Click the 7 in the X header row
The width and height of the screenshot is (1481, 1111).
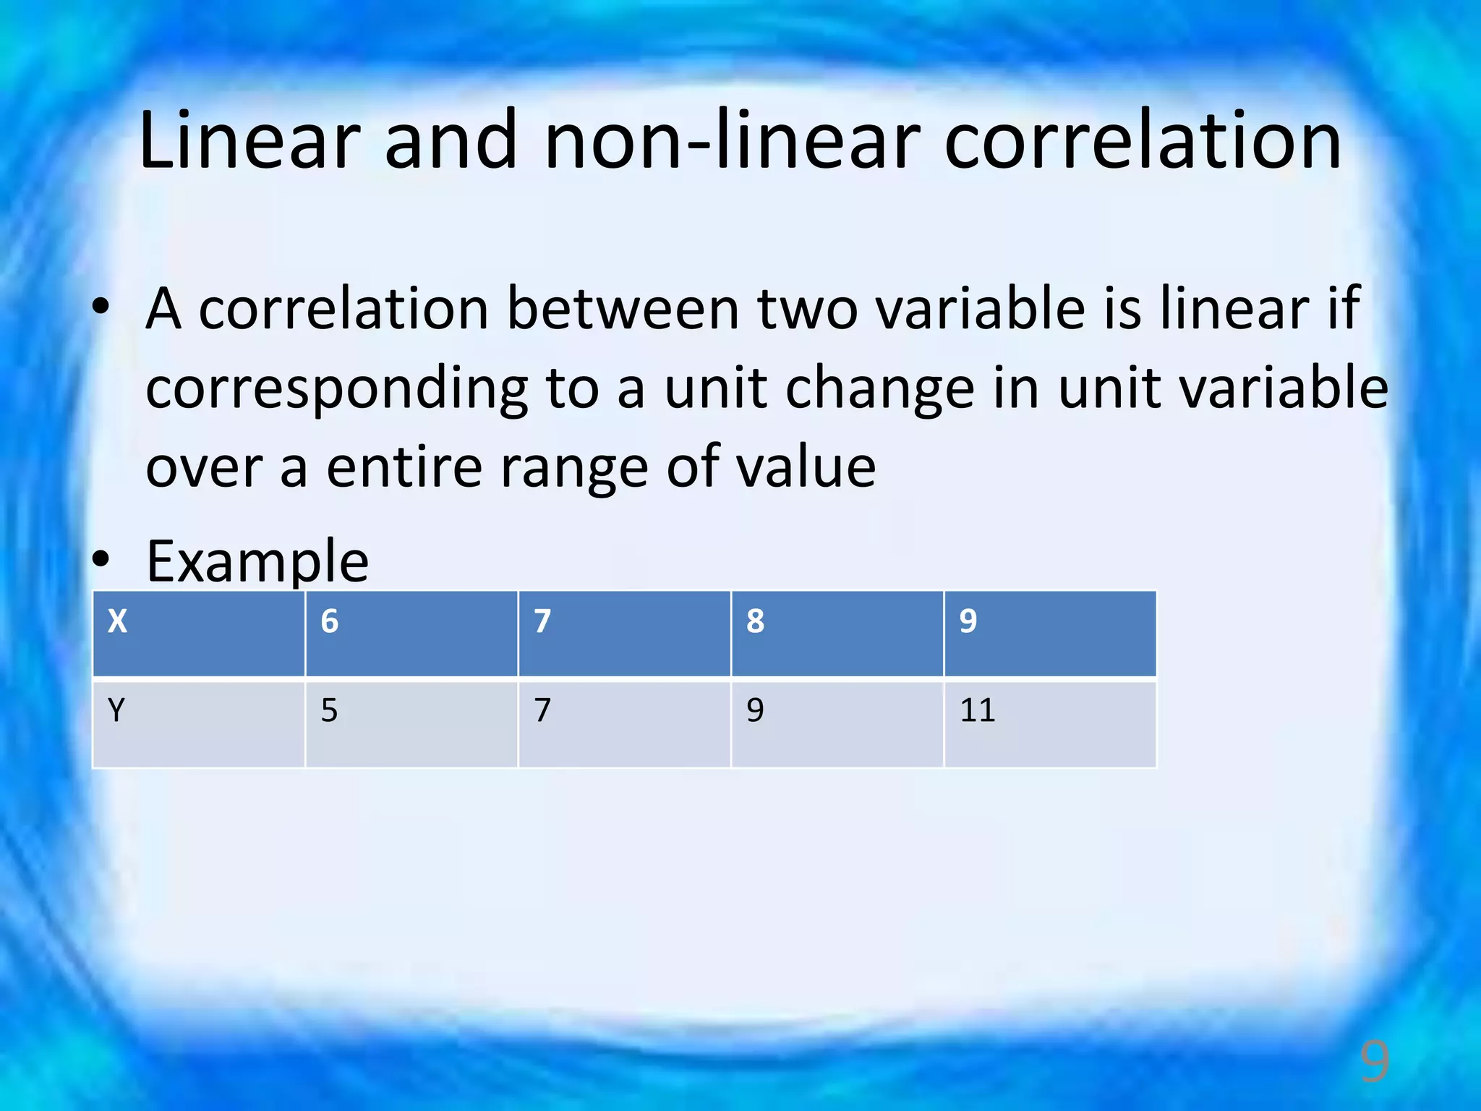click(x=542, y=621)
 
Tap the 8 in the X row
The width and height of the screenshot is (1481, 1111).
click(x=755, y=621)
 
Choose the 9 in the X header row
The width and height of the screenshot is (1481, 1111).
click(x=968, y=621)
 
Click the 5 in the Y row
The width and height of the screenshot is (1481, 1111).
click(x=329, y=710)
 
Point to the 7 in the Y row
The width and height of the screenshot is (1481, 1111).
click(x=542, y=710)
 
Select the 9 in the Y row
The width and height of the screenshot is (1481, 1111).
click(x=755, y=710)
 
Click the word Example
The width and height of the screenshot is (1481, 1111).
click(x=257, y=561)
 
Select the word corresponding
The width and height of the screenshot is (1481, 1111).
click(x=337, y=389)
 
